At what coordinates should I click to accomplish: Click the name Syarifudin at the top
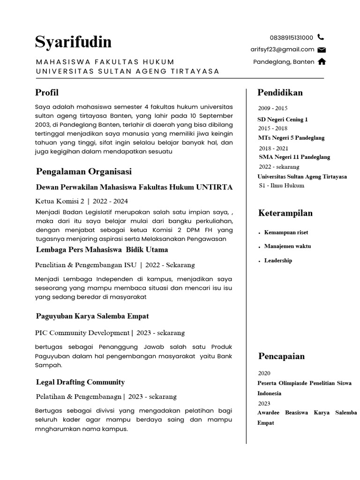point(73,42)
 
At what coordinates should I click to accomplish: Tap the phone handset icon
point(321,37)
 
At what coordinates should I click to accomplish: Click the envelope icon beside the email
point(322,50)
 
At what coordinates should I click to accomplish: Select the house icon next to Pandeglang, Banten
point(322,61)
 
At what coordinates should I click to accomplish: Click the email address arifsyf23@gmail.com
point(282,49)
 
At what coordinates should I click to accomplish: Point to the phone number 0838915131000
point(291,37)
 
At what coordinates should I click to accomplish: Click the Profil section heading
point(47,92)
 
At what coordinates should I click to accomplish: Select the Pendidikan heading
point(280,92)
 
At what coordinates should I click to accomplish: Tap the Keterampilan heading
point(285,213)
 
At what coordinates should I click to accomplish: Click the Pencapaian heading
point(281,356)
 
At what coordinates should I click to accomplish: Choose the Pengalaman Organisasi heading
point(84,172)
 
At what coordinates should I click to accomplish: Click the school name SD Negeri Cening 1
point(283,120)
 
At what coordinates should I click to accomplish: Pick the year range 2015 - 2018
point(273,128)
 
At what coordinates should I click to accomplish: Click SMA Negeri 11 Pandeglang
point(294,157)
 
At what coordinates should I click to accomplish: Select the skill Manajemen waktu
point(287,246)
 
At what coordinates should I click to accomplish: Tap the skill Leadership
point(278,261)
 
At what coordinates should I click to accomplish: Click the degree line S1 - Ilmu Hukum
point(281,186)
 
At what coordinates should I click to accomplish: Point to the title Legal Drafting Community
point(80,382)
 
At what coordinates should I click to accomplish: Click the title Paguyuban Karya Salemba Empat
point(92,316)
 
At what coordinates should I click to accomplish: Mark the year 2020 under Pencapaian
point(264,374)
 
